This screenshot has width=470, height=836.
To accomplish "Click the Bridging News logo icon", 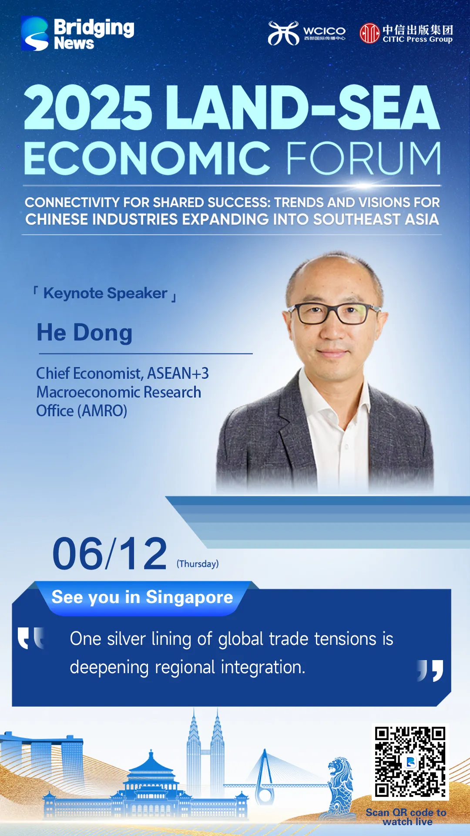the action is [35, 34].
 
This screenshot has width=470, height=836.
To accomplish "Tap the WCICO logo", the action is [306, 33].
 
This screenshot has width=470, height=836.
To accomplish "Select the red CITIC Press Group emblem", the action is [369, 34].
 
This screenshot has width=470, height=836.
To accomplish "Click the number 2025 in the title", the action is [88, 108].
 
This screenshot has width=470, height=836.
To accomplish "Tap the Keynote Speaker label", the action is [105, 293].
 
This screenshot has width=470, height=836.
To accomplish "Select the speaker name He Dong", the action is [84, 333].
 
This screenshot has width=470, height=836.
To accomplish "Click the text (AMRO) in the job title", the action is [102, 411].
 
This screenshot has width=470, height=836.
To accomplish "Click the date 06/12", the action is [110, 553].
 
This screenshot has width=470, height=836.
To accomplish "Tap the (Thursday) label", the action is [198, 564].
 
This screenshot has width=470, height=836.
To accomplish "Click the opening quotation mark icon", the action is [31, 638].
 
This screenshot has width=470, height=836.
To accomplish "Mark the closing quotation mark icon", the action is [430, 671].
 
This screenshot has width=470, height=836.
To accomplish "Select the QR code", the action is [410, 762].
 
